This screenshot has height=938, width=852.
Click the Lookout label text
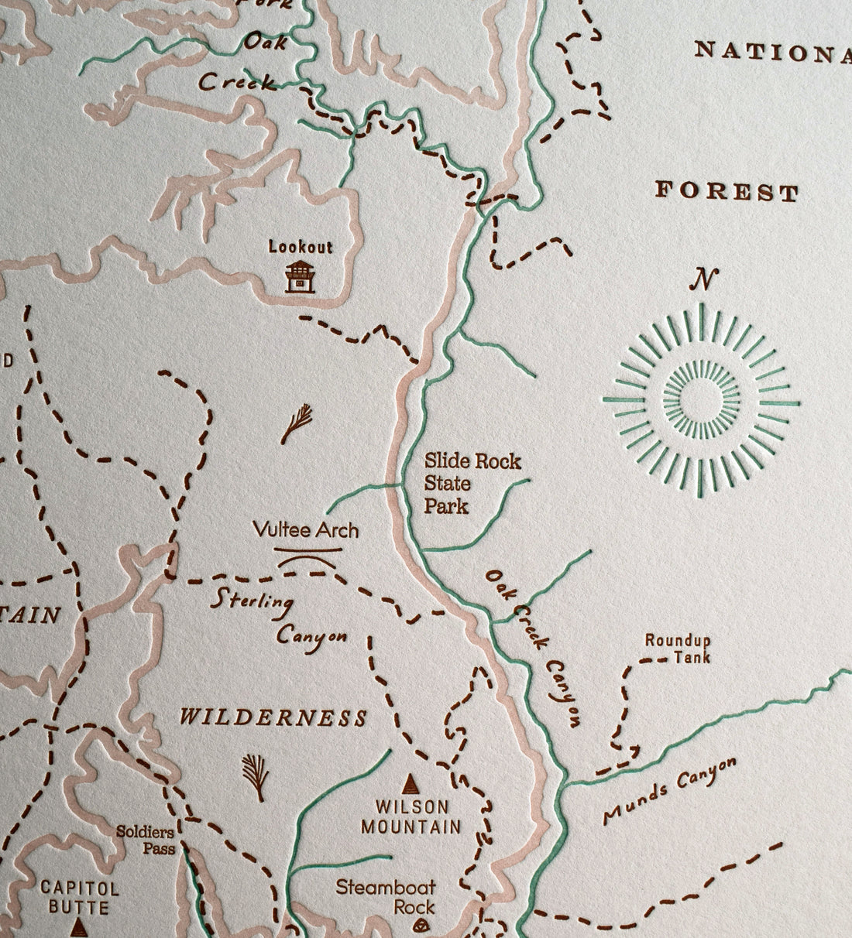(301, 248)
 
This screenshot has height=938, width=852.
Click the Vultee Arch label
(307, 530)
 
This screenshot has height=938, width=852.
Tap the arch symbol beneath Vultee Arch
(308, 557)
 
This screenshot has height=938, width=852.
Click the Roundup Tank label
(678, 649)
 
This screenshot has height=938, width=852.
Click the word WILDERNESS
(273, 717)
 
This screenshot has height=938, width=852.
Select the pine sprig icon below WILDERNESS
(253, 777)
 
